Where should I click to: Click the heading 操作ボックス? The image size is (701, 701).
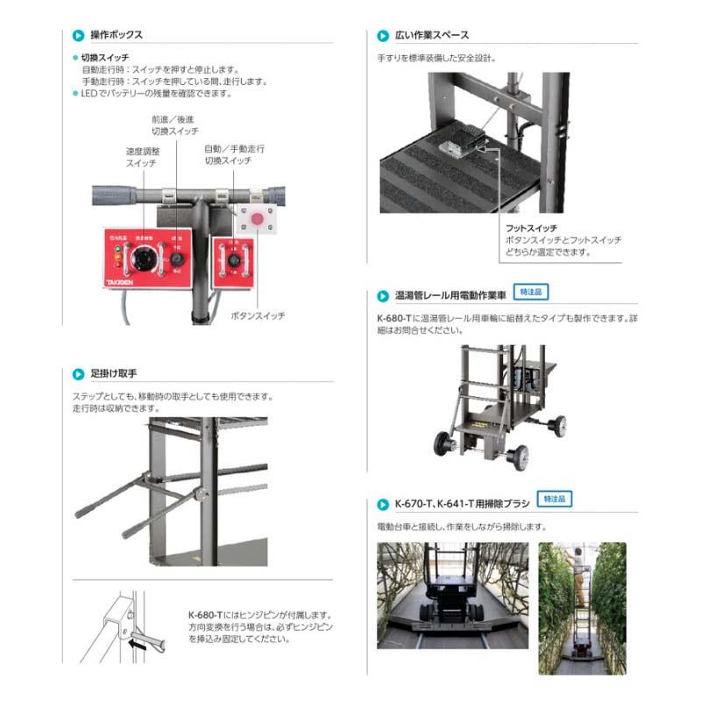click(117, 35)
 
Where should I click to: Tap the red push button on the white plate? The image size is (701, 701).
click(258, 217)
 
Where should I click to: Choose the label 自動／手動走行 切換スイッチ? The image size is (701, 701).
click(234, 155)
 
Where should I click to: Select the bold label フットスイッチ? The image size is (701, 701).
click(532, 227)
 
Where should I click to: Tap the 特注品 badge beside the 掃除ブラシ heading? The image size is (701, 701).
click(554, 499)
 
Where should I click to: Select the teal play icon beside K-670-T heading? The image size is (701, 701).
click(383, 505)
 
